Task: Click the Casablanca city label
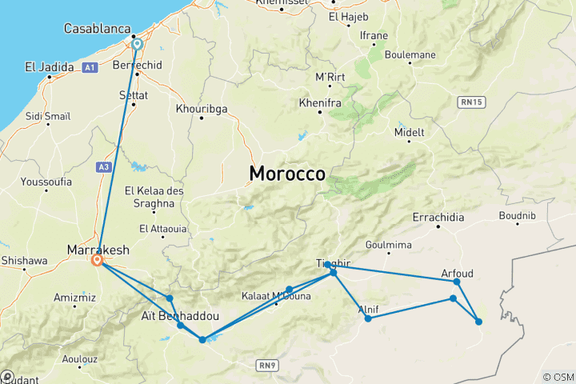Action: tap(98, 29)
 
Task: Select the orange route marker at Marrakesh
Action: tap(98, 260)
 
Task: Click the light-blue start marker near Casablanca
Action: tap(137, 45)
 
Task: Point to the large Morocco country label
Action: tap(287, 174)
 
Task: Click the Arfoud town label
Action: tap(457, 274)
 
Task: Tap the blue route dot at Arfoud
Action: tap(457, 282)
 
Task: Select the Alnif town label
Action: tap(369, 309)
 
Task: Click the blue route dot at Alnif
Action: tap(368, 319)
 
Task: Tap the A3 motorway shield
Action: tap(103, 166)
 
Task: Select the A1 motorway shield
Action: tap(90, 68)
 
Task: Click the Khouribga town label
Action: tap(201, 106)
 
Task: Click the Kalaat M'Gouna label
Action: tap(276, 296)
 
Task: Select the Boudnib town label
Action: tap(516, 215)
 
